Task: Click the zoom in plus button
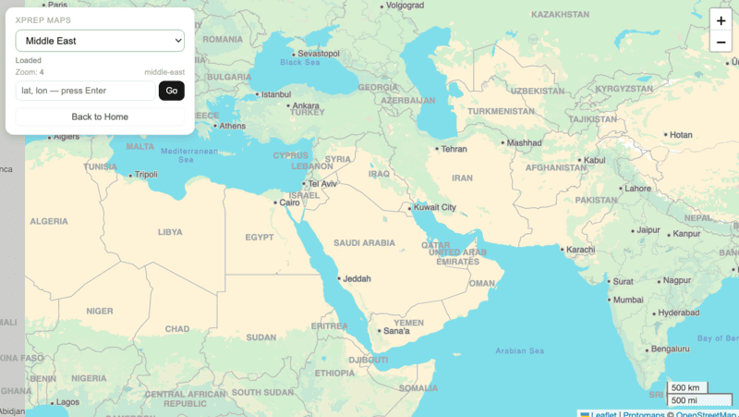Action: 721,20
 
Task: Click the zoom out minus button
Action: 721,42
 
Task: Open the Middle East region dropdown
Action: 100,41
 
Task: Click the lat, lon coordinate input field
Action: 85,91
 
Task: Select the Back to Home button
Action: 100,117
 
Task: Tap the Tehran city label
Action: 454,148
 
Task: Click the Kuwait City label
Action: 435,207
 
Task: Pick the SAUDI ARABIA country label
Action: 364,243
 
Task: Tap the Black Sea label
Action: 300,62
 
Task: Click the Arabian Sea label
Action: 519,350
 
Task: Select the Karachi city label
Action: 580,250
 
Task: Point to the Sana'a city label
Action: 395,330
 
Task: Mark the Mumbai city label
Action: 628,300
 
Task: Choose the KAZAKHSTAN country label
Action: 560,15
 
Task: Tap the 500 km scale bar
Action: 686,387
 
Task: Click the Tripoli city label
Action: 146,174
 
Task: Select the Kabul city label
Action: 595,160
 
